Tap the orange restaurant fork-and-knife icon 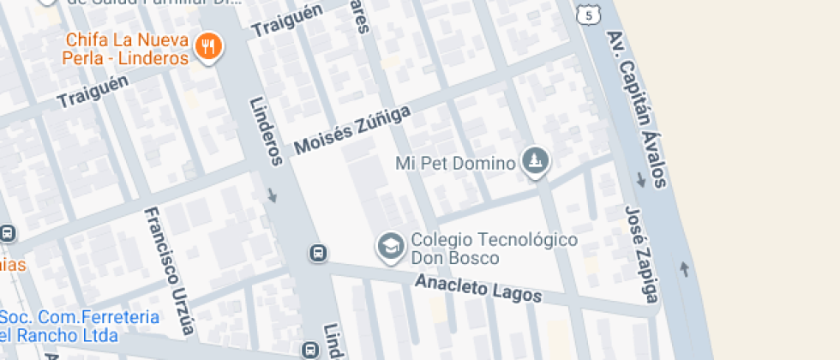click(x=207, y=47)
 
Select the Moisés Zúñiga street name click(x=351, y=129)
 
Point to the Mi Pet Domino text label click(x=454, y=162)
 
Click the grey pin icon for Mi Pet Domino click(x=536, y=161)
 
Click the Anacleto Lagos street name click(x=478, y=288)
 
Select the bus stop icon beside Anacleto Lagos click(x=317, y=253)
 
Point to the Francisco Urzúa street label click(x=170, y=270)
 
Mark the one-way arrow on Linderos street click(x=273, y=195)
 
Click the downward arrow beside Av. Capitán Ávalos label click(x=640, y=181)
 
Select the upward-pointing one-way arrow click(x=684, y=269)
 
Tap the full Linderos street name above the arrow click(x=266, y=129)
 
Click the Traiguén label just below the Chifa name click(x=93, y=90)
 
